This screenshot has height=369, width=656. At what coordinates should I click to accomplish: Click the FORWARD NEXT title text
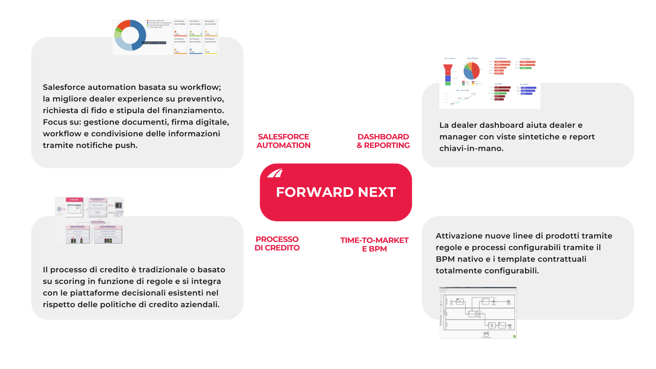point(336,192)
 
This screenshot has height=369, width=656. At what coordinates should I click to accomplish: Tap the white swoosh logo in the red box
point(275,173)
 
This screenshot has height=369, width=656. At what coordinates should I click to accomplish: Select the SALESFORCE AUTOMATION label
point(284,141)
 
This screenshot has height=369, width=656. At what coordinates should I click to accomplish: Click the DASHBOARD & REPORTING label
point(383,141)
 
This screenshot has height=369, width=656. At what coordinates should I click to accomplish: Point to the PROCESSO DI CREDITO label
point(277,244)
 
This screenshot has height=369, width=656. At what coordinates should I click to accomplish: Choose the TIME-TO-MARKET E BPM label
point(374,245)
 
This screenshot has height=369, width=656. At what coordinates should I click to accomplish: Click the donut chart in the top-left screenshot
point(130,35)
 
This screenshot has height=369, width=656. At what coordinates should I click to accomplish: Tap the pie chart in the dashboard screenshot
point(471,71)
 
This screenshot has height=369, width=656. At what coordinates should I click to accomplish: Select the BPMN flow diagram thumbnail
point(478,313)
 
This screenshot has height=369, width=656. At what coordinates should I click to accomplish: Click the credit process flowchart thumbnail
point(90,221)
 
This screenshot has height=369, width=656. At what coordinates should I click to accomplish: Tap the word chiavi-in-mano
point(471,149)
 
